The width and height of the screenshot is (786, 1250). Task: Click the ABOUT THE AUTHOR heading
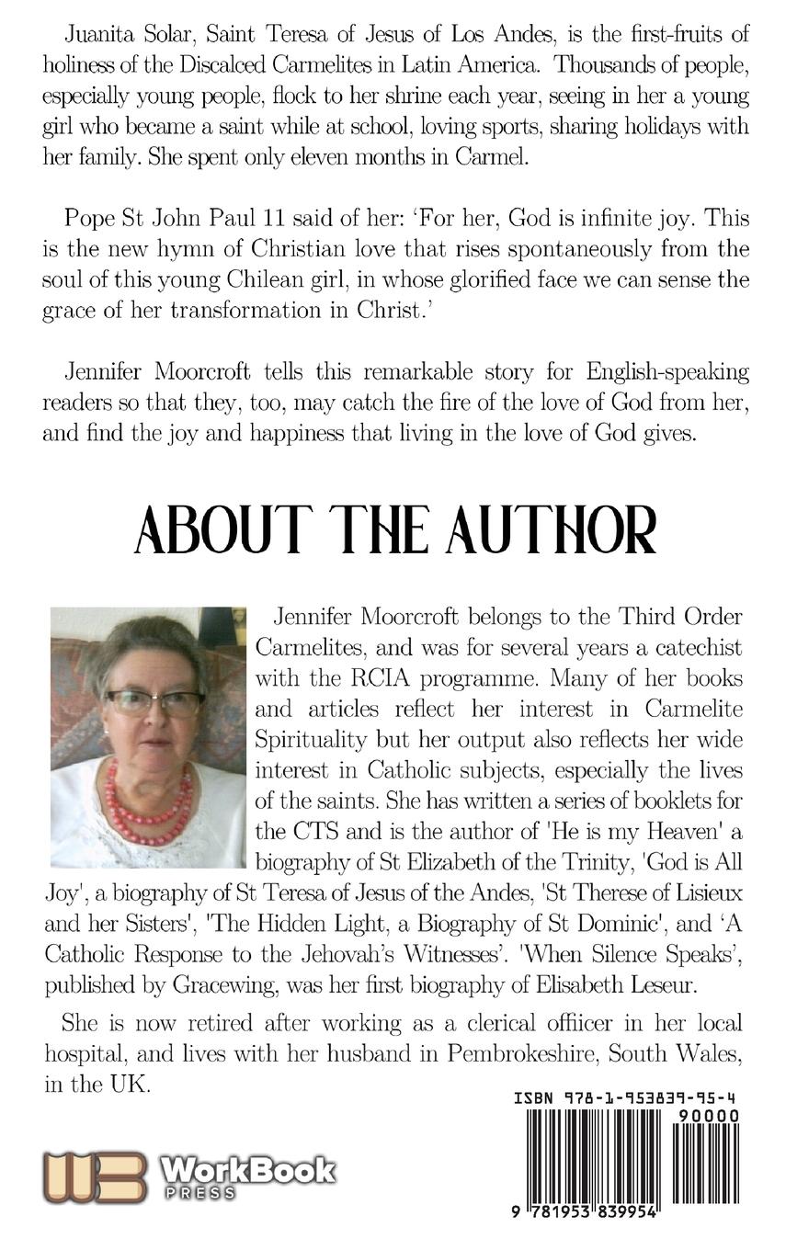[395, 530]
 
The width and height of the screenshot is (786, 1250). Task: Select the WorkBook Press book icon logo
[95, 1177]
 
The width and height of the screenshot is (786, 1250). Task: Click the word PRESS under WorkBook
[199, 1193]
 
